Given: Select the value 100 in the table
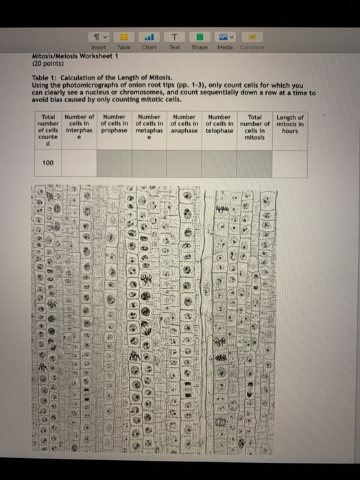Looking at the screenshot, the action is (x=48, y=163).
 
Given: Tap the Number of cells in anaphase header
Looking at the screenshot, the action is (x=185, y=124).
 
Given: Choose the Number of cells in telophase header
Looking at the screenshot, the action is (x=220, y=124).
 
